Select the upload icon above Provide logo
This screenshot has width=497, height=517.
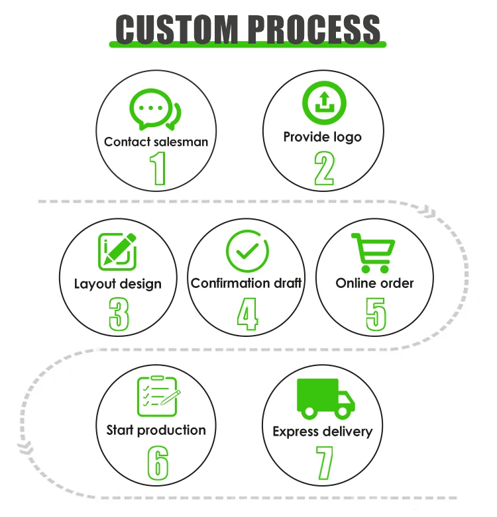pos(324,103)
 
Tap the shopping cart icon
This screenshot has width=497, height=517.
pos(372,252)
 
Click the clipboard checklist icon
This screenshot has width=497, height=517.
pos(157,396)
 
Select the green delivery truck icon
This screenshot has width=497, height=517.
pos(325,398)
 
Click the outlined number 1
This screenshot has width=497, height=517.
pos(158,168)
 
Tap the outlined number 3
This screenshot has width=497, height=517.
pos(119,313)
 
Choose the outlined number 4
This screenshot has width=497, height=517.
pos(247,313)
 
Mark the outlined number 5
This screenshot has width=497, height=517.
pos(376,313)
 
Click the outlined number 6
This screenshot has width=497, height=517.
pos(158,462)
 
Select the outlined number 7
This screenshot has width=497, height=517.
pos(324,462)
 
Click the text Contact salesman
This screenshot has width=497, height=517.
pos(156,142)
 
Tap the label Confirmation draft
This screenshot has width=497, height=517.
pos(247,283)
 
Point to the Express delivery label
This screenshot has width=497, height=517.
pos(323,432)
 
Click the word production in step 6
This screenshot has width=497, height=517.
pos(172,430)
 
